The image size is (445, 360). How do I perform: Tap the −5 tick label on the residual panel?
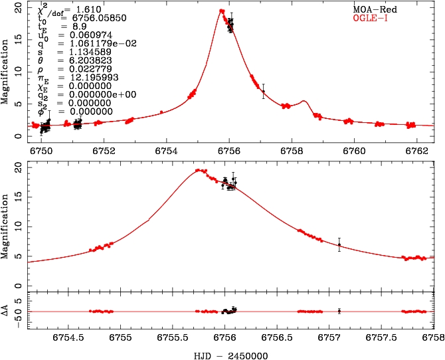16,318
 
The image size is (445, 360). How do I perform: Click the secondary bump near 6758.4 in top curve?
304,102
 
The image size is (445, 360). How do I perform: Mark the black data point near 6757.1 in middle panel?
339,244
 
